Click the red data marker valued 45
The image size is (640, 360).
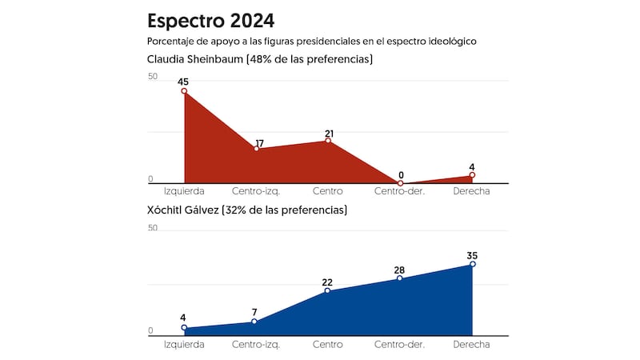pyautogui.click(x=184, y=91)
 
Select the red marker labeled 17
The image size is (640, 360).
pyautogui.click(x=256, y=149)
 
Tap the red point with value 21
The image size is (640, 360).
pyautogui.click(x=328, y=141)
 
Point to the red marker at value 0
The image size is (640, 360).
pyautogui.click(x=400, y=183)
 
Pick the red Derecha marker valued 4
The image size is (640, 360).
pyautogui.click(x=472, y=175)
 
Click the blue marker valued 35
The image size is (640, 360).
pyautogui.click(x=472, y=264)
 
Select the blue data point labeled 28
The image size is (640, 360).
pyautogui.click(x=400, y=278)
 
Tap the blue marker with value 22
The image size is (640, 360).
pyautogui.click(x=328, y=290)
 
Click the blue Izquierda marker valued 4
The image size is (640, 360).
pyautogui.click(x=184, y=327)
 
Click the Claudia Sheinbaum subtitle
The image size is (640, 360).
pyautogui.click(x=260, y=59)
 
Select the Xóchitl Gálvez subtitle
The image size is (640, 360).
pyautogui.click(x=247, y=210)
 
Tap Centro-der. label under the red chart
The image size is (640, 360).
pyautogui.click(x=400, y=192)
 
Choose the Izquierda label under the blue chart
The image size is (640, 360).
pyautogui.click(x=184, y=344)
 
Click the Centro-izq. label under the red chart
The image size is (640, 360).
pyautogui.click(x=256, y=192)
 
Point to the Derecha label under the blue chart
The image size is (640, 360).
pyautogui.click(x=472, y=344)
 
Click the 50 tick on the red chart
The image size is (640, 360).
pyautogui.click(x=153, y=77)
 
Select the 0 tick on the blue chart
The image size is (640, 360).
pyautogui.click(x=150, y=330)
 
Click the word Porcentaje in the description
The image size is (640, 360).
pyautogui.click(x=174, y=41)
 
